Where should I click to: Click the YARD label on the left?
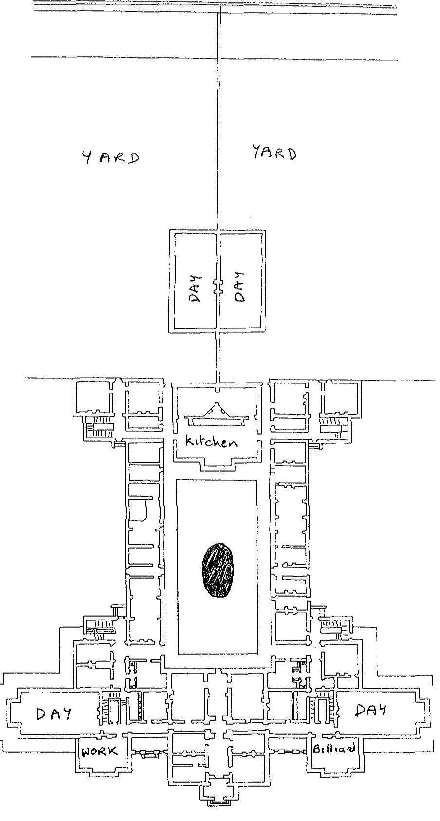[x=110, y=157]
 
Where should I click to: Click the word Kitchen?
[x=212, y=442]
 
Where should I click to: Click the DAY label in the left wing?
[x=54, y=713]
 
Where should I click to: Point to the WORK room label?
[x=100, y=751]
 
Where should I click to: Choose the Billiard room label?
[x=334, y=748]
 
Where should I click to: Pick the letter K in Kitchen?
[x=190, y=441]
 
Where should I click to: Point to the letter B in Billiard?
[x=316, y=748]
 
